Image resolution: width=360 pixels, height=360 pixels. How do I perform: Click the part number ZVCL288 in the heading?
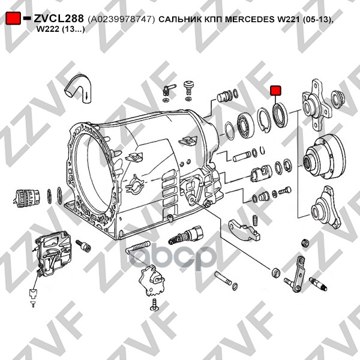tap(59, 19)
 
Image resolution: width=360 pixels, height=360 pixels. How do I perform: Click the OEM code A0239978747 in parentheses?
tap(121, 19)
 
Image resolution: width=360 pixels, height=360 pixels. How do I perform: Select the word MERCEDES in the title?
tap(250, 19)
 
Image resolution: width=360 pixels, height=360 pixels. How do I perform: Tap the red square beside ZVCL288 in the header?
tap(13, 19)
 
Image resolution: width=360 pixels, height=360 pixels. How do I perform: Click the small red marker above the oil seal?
tap(275, 91)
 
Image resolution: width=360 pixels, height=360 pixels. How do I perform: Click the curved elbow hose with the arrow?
tap(80, 88)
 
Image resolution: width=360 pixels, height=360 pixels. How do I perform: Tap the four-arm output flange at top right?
tap(316, 105)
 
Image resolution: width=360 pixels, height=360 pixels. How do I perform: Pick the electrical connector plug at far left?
tap(27, 199)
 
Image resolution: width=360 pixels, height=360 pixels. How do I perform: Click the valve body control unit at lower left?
tap(53, 253)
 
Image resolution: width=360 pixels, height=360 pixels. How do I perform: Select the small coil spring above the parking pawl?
tap(254, 220)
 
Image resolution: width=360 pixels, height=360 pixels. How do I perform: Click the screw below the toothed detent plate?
tap(155, 305)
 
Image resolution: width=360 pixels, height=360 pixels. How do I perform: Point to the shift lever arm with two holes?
tap(298, 274)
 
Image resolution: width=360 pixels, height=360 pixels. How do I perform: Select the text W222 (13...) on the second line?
tap(61, 29)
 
